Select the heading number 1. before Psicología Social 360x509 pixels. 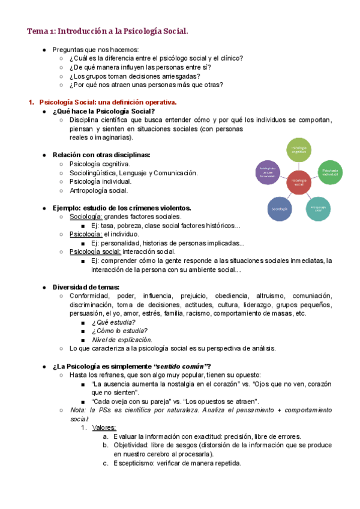tap(32, 102)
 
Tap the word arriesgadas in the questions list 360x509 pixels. tap(181, 76)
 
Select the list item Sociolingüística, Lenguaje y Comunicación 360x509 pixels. tap(133, 173)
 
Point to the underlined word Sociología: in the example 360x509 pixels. tap(86, 217)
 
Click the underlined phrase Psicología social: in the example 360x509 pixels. tap(95, 251)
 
